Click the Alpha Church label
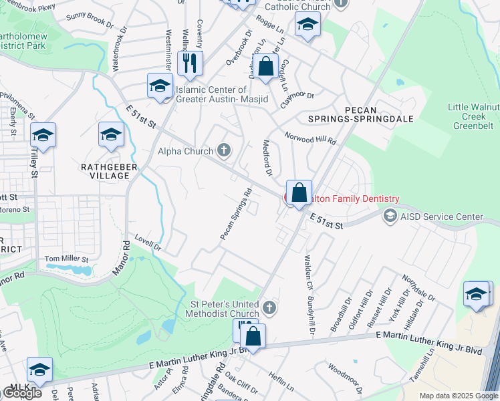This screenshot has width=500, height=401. [184, 151]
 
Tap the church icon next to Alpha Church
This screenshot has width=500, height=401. [224, 151]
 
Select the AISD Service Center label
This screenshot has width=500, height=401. [441, 217]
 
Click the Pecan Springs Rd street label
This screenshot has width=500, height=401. [236, 215]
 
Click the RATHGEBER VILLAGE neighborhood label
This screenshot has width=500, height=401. [105, 170]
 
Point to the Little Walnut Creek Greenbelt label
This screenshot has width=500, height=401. [474, 116]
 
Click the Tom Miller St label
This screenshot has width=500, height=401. [66, 259]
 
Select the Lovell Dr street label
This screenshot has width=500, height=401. [148, 242]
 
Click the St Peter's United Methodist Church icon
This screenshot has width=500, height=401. [269, 307]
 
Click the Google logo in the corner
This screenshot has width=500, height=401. [22, 393]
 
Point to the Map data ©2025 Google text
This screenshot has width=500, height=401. [458, 396]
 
